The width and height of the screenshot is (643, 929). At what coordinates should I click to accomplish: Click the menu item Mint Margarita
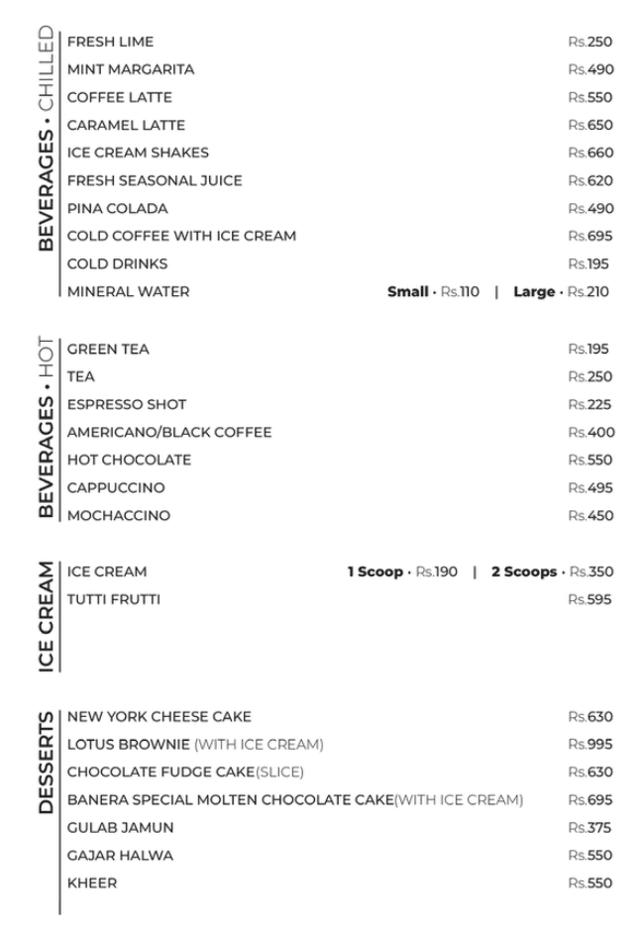coord(131,69)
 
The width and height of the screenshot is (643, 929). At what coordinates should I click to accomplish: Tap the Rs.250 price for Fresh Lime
coord(590,42)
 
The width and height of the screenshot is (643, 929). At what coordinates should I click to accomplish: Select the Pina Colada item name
coord(117,208)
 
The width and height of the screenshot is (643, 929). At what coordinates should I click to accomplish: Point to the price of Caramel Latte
coord(590,125)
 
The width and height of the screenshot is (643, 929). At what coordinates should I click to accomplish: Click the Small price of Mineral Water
coord(460,291)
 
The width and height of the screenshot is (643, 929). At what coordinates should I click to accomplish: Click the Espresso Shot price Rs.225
coord(590,404)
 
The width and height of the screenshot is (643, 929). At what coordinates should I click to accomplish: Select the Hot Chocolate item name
coord(129,460)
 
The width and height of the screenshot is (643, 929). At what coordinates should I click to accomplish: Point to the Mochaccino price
coord(590,515)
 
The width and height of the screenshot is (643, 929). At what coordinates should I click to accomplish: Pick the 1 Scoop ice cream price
coord(437,571)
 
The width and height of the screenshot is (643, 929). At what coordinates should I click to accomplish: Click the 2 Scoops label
coord(524,571)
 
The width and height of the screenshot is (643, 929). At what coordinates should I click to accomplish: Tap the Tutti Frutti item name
coord(113,599)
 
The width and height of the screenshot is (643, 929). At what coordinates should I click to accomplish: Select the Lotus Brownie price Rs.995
coord(590,744)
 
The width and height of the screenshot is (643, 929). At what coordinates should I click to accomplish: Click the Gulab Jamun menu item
coord(120,827)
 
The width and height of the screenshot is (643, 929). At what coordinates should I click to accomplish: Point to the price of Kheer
coord(590,882)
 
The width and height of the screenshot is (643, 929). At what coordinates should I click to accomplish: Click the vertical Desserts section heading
coord(47,762)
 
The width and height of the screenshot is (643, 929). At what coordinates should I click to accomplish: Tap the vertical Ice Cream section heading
coord(47,617)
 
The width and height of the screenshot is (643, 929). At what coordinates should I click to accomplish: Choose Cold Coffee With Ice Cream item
coord(181,236)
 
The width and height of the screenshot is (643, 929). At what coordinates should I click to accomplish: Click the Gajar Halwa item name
coord(120,855)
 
